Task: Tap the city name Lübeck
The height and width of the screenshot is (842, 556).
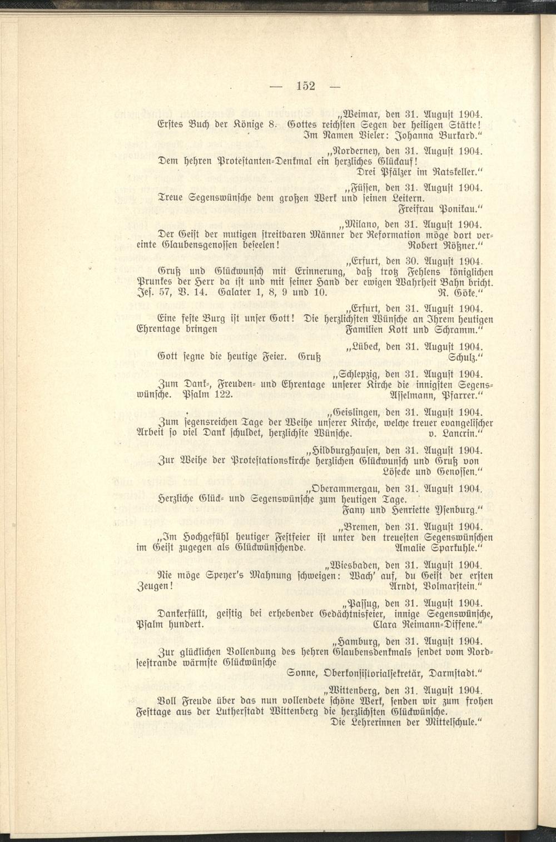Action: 364,346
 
